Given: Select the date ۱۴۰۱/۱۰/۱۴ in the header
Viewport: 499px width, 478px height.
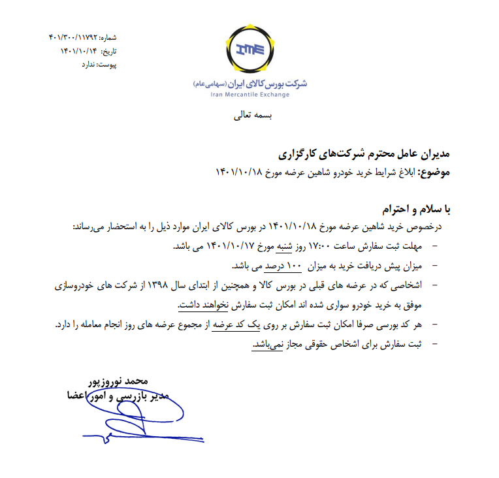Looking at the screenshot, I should point(80,51).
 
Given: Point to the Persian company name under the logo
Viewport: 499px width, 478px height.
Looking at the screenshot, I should point(250,84).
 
